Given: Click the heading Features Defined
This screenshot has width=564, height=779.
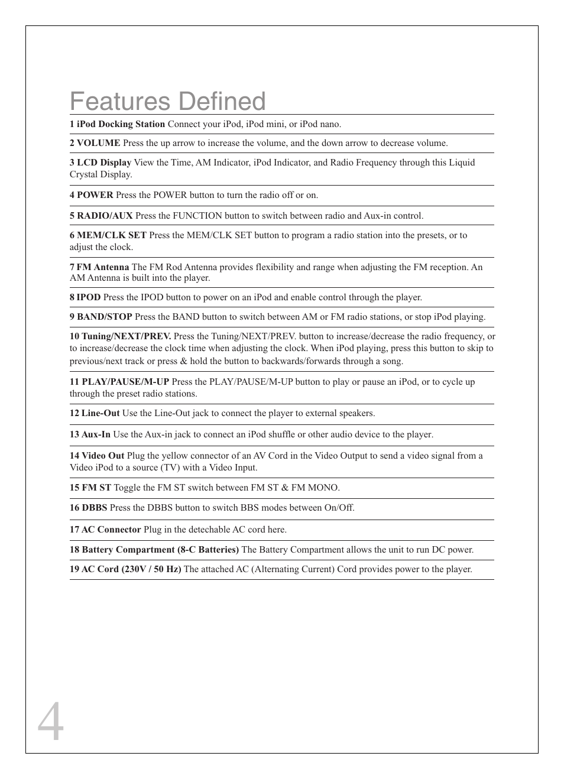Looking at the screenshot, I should click(168, 102).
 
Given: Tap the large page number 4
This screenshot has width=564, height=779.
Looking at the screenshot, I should click(50, 722).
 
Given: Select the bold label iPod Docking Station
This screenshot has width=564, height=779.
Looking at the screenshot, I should click(121, 124).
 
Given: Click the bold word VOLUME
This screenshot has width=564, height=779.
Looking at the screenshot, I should click(98, 143).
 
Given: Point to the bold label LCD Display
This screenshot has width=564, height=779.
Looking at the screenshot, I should click(103, 163).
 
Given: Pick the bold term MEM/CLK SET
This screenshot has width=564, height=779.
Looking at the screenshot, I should click(111, 235).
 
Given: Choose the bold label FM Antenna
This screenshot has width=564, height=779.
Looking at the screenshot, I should click(102, 267).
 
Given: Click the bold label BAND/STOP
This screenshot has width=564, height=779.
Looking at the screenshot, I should click(104, 317).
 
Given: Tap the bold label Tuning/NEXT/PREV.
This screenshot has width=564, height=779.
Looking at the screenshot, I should click(126, 336).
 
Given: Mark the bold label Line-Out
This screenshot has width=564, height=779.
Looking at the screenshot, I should click(101, 413).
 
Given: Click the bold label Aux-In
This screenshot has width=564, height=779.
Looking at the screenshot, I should click(96, 434).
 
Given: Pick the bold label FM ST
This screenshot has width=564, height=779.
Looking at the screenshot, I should click(96, 488).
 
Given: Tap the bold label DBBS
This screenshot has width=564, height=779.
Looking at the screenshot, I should click(94, 508).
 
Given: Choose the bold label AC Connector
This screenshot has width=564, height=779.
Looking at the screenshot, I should click(111, 530).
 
